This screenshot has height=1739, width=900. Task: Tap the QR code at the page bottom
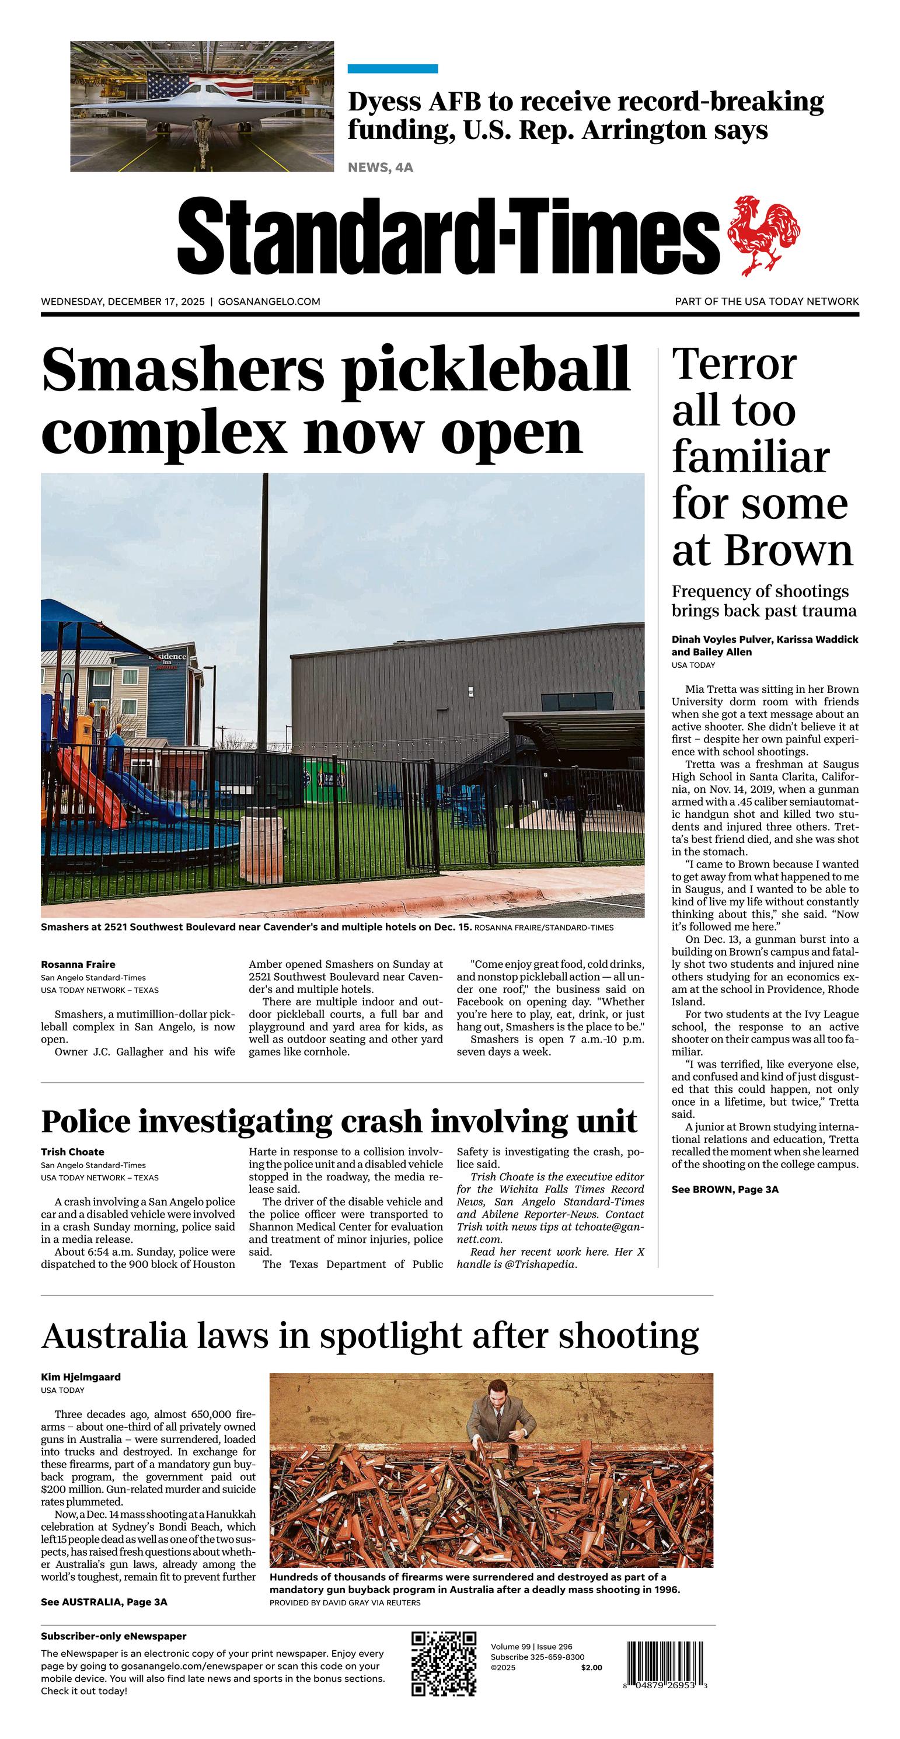[x=444, y=1663]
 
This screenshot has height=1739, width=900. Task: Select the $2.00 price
[x=591, y=1667]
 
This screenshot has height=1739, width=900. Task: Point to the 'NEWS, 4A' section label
[x=380, y=168]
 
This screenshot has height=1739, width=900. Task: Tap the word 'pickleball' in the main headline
[x=486, y=370]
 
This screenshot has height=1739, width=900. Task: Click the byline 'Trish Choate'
[x=72, y=1152]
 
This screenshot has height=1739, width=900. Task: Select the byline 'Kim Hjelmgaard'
[x=81, y=1376]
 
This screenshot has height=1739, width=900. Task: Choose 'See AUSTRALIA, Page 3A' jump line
[x=104, y=1602]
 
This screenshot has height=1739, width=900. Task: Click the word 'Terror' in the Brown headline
[x=734, y=365]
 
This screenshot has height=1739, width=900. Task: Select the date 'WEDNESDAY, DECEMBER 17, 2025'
[x=122, y=302]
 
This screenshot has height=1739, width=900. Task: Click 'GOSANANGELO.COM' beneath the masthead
[x=268, y=302]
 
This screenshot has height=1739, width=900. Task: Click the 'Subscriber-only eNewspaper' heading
[x=113, y=1636]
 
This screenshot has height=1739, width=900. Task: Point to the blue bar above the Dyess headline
[x=392, y=69]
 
